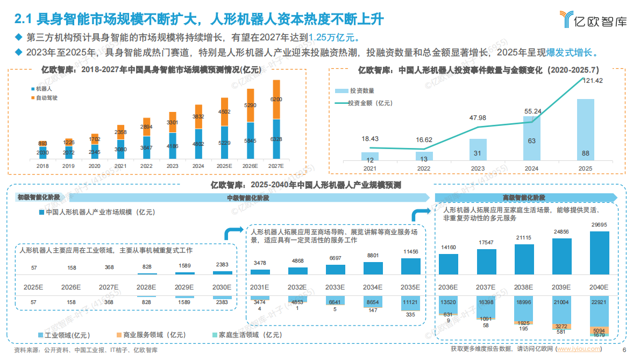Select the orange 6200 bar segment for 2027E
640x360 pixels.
(276, 100)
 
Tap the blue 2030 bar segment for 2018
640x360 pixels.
(42, 153)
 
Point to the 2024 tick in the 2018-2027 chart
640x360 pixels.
(198, 166)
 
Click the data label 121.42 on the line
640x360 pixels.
(592, 81)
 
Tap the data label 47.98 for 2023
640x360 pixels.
(478, 118)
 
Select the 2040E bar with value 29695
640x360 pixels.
(600, 253)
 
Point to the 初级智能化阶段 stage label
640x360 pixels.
(39, 197)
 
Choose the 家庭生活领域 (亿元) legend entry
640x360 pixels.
(247, 335)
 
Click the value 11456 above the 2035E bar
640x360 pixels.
(411, 252)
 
